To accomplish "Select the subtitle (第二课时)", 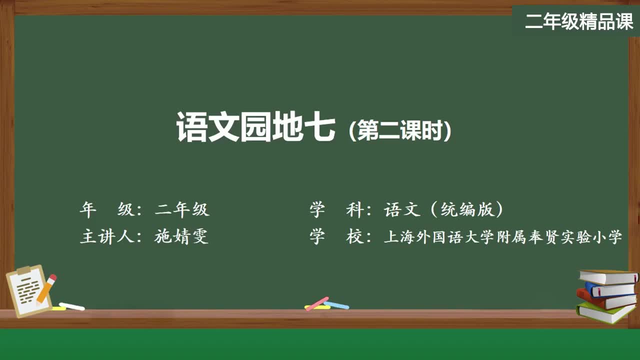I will (x=400, y=131).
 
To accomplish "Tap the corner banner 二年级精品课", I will (x=579, y=21).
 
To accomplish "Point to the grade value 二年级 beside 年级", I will (x=182, y=209).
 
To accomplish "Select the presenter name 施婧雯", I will (x=181, y=236).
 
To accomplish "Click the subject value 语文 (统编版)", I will (x=443, y=209).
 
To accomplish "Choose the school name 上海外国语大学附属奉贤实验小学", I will (x=502, y=236).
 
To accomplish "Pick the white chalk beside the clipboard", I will (x=71, y=306).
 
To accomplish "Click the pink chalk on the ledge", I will (x=317, y=303).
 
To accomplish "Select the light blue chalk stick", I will (x=336, y=304).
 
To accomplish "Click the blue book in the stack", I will (x=610, y=289).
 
